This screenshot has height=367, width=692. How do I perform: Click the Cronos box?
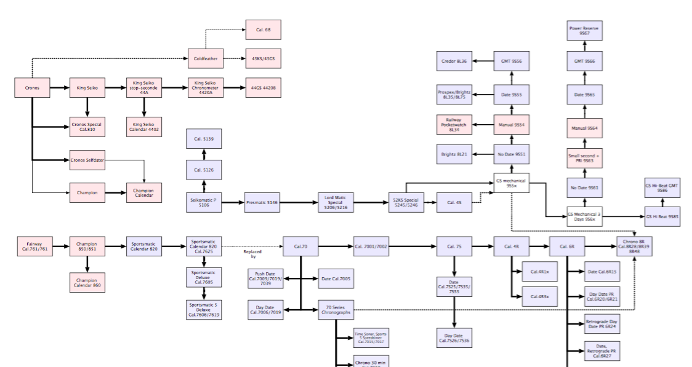(32, 88)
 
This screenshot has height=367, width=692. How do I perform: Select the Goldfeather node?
(205, 58)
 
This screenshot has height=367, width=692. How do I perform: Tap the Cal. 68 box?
(263, 30)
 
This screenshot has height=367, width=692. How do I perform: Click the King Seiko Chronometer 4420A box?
(206, 88)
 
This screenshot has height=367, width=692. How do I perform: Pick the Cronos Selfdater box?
(87, 160)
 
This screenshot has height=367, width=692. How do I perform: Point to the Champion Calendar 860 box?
(87, 283)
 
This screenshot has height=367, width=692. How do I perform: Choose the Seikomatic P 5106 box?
(204, 202)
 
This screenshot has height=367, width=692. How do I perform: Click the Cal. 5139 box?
(204, 139)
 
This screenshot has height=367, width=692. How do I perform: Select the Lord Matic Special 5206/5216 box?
(336, 202)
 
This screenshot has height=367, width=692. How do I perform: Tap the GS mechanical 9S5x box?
(511, 182)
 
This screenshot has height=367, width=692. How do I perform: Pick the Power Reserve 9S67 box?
(584, 30)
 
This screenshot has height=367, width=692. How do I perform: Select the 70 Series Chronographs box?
(336, 310)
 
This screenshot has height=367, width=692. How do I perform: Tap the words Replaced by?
(252, 254)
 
